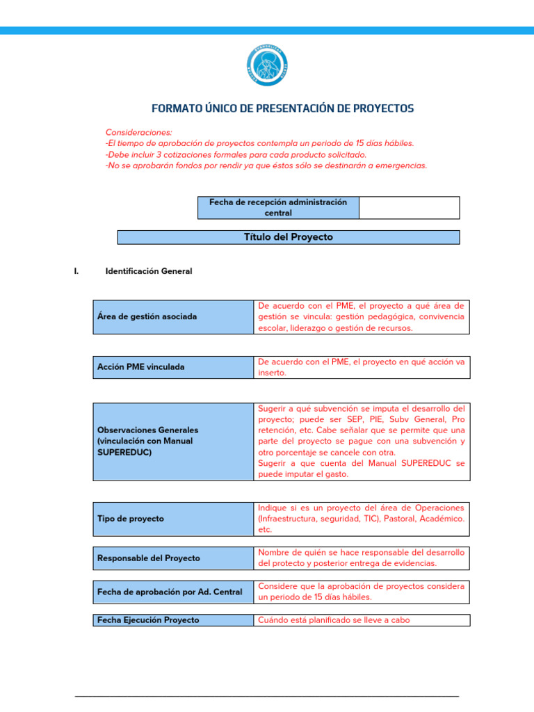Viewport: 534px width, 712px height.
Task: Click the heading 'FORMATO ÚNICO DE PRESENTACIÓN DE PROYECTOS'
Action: [282, 108]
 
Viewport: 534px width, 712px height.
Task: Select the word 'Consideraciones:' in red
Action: [138, 132]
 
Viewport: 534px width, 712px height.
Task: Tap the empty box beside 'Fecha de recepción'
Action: [409, 207]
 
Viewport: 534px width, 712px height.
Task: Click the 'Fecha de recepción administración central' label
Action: [278, 207]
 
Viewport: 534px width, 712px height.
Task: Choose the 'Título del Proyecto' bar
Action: [288, 237]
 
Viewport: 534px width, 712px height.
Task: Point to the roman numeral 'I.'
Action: [76, 271]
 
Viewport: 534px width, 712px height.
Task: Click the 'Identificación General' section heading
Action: [148, 271]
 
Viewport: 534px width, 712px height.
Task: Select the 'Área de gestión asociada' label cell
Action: [173, 316]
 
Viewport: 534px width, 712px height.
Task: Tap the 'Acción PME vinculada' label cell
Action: [173, 367]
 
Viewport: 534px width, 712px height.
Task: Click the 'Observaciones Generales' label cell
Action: [173, 441]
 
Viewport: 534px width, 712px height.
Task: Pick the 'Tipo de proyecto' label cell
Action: [173, 519]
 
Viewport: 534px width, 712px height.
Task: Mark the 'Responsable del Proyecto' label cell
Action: [173, 558]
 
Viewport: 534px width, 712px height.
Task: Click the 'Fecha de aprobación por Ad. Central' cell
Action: [173, 592]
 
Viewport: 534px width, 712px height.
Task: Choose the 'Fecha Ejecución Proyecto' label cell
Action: [173, 620]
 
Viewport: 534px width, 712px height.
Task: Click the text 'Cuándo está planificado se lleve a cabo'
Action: [334, 620]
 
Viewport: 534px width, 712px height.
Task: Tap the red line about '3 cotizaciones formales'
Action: [236, 154]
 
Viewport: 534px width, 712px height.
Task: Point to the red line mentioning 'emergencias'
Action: [266, 165]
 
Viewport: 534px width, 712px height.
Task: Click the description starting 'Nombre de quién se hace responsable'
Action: [361, 558]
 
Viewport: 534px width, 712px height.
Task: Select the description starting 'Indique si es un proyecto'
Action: [361, 519]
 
